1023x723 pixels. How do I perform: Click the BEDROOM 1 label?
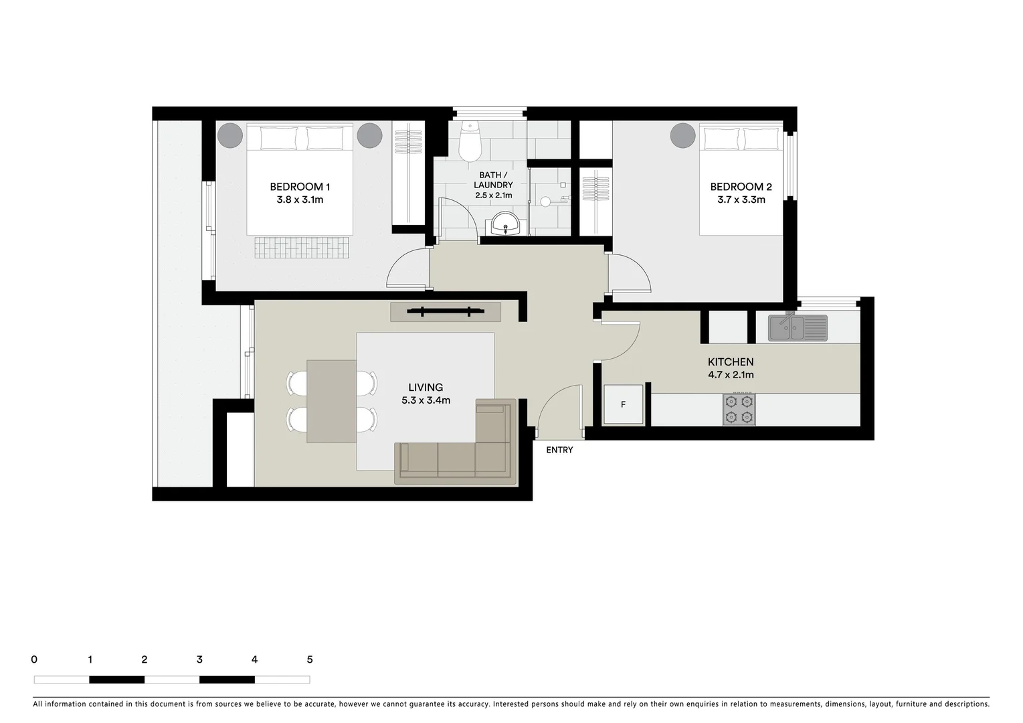point(300,187)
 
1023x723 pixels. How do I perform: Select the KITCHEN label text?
point(731,362)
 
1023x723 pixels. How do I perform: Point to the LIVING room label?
point(426,387)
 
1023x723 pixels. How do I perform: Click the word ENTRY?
point(559,450)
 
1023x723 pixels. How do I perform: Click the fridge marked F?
point(624,404)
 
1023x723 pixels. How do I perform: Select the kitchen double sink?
point(797,328)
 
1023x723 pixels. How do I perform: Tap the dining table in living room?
point(331,401)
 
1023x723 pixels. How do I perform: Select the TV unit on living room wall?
point(446,311)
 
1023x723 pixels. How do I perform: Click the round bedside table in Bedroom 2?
point(683,136)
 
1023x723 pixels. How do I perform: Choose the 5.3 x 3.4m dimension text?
point(426,400)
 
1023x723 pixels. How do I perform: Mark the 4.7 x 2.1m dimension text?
point(731,375)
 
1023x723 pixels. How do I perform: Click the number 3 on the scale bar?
point(199,659)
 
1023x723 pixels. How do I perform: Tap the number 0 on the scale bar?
point(34,659)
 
